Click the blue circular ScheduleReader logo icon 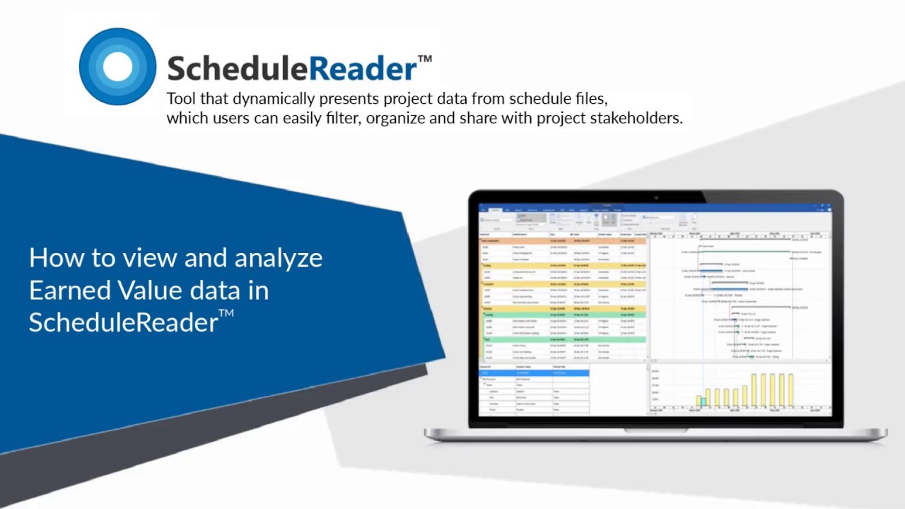click(x=117, y=66)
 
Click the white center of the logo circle click(x=117, y=66)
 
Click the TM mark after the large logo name click(x=424, y=59)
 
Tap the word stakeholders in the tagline click(x=641, y=117)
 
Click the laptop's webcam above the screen click(x=655, y=197)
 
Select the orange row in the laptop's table click(x=563, y=240)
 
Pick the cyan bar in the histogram click(x=703, y=402)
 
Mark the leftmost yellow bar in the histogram click(x=699, y=400)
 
